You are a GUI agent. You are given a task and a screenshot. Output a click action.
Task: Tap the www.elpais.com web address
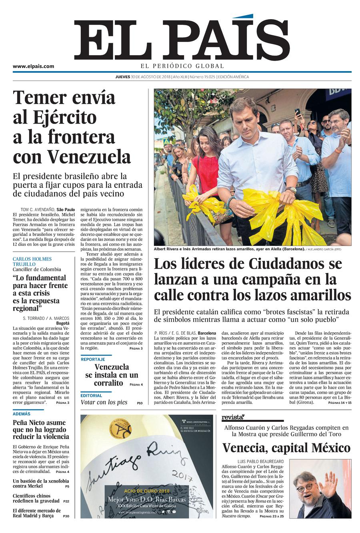pyautogui.click(x=33, y=66)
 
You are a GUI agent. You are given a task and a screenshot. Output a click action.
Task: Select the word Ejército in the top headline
pyautogui.click(x=66, y=117)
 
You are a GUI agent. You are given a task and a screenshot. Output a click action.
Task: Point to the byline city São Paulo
pyautogui.click(x=66, y=209)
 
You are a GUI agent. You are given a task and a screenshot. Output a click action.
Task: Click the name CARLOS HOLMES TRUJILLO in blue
pyautogui.click(x=32, y=262)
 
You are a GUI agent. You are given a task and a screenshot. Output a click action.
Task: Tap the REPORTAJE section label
pyautogui.click(x=93, y=359)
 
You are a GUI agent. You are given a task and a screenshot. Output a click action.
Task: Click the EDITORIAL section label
pyautogui.click(x=91, y=395)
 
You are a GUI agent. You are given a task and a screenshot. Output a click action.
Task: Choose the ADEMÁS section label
pyautogui.click(x=21, y=414)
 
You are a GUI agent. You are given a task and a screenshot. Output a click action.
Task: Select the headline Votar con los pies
pyautogui.click(x=104, y=402)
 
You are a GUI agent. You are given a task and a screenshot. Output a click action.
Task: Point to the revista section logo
pyautogui.click(x=233, y=417)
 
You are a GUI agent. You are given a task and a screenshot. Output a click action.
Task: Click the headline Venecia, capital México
pyautogui.click(x=286, y=447)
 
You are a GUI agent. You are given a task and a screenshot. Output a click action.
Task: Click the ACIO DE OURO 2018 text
pyautogui.click(x=147, y=491)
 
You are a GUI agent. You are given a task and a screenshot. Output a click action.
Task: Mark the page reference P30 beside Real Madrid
pyautogui.click(x=66, y=516)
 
